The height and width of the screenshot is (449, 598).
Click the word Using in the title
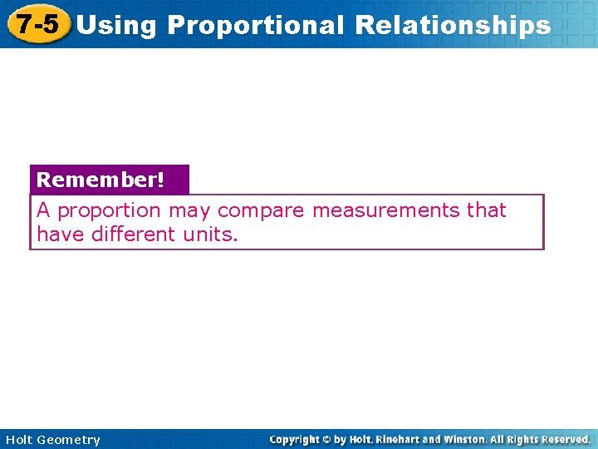115,25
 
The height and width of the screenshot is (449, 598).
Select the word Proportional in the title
255,25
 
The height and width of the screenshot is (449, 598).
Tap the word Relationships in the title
452,25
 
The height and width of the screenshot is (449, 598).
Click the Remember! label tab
100,180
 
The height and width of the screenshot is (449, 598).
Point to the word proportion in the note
109,211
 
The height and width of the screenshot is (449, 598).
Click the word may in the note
189,211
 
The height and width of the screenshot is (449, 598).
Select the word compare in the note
261,211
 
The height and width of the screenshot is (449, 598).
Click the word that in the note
486,210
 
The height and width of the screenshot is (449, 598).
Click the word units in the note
209,234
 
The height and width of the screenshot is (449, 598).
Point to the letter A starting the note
43,210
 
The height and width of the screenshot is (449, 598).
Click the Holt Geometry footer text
52,440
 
